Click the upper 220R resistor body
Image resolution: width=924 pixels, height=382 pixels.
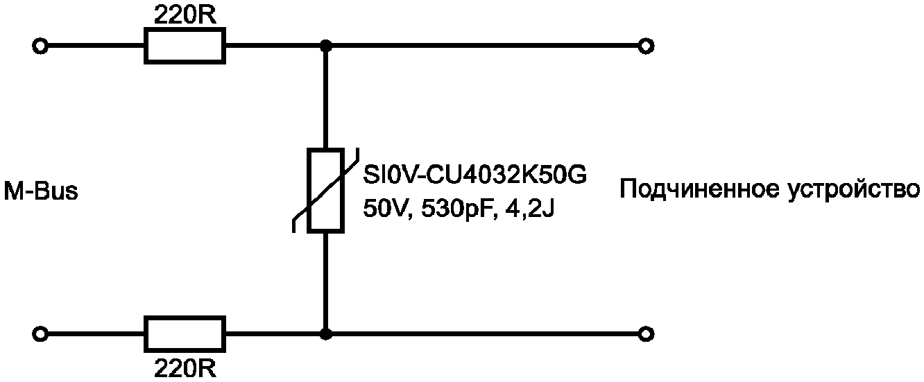pos(185,46)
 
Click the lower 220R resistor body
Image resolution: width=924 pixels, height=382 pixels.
pos(185,334)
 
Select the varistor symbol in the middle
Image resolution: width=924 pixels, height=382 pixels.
pos(325,190)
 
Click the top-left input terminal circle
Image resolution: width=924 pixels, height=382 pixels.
pos(41,46)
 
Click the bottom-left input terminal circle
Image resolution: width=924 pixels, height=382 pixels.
pos(41,334)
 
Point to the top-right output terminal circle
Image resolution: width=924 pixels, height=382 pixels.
pos(646,46)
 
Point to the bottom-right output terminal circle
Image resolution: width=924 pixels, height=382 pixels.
pos(646,334)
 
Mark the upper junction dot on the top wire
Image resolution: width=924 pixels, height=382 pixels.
pos(325,46)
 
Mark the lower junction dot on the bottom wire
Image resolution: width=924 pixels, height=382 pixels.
pos(325,334)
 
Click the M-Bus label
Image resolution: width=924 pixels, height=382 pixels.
pos(41,191)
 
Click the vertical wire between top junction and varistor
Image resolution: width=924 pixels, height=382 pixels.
pos(325,97)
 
